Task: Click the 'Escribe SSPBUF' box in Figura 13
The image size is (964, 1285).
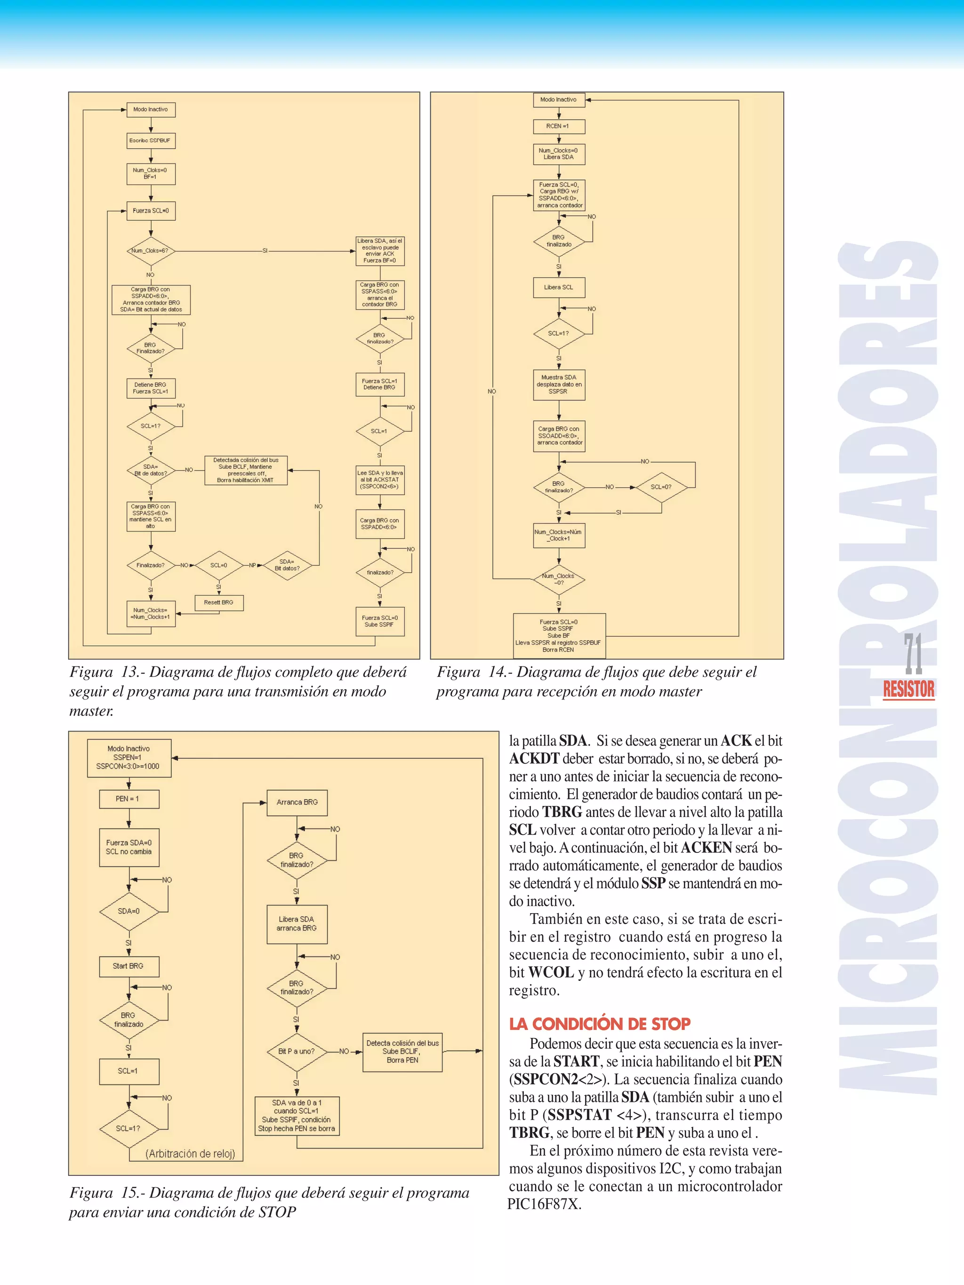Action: [151, 141]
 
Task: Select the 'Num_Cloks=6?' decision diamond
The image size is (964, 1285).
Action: [151, 251]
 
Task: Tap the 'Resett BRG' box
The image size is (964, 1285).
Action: [218, 602]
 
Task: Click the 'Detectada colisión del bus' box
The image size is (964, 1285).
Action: [246, 470]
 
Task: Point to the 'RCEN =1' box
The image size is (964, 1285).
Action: [558, 126]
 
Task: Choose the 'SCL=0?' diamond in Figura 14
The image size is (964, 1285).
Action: [661, 487]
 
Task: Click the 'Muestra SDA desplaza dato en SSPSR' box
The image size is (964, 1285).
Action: [558, 385]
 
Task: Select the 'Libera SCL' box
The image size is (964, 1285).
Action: [558, 287]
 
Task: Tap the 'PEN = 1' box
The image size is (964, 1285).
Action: [129, 799]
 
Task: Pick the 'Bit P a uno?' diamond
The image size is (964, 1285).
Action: [297, 1051]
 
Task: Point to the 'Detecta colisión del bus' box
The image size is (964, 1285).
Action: [402, 1052]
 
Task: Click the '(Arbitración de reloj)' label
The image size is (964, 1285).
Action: [190, 1154]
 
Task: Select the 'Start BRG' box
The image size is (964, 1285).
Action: [129, 965]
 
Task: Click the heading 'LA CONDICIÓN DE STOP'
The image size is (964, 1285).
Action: [600, 1024]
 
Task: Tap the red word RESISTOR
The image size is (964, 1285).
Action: [908, 690]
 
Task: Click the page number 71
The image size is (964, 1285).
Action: [913, 654]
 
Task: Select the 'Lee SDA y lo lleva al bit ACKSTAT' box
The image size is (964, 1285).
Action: [379, 480]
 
